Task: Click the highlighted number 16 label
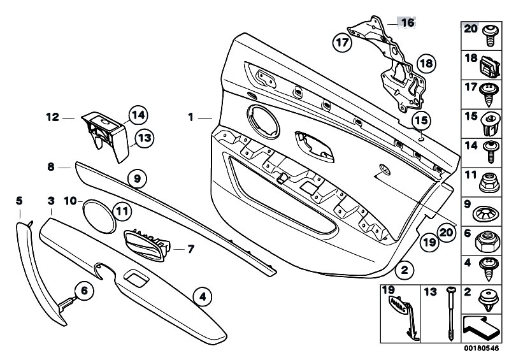click(x=406, y=22)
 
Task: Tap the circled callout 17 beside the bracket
click(x=342, y=43)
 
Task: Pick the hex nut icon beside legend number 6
click(x=488, y=236)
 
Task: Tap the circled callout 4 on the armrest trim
click(x=201, y=296)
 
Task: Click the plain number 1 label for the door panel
click(x=190, y=117)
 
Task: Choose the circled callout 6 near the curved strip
click(x=83, y=291)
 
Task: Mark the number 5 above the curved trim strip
click(x=19, y=201)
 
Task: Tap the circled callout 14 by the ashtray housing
click(x=138, y=115)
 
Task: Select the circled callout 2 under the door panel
click(x=403, y=270)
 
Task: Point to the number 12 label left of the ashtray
click(x=52, y=117)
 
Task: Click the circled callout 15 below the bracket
click(x=420, y=120)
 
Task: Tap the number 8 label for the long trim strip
click(x=51, y=167)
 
